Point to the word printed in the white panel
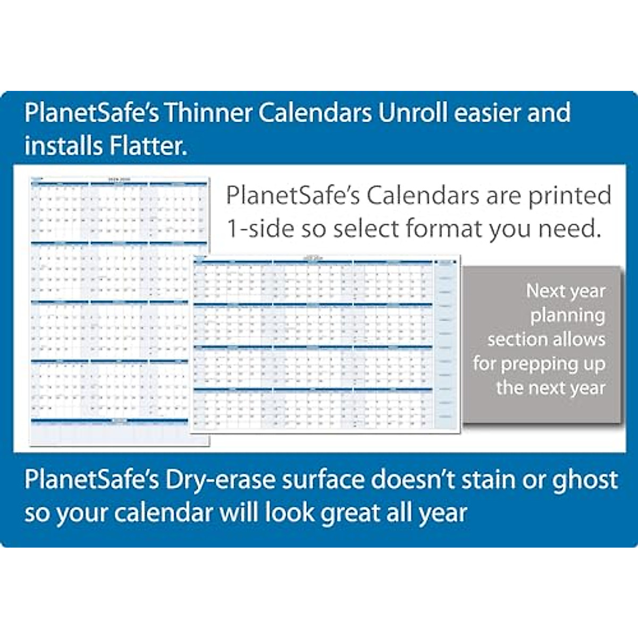(x=569, y=196)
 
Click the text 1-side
(x=260, y=229)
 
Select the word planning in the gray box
(x=567, y=316)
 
